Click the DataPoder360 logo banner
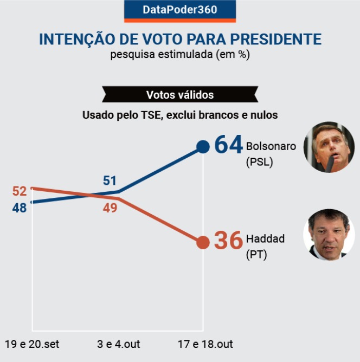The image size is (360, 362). point(180,10)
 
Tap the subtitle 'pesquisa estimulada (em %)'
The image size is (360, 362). point(180,55)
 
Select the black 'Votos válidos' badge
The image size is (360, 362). point(180,95)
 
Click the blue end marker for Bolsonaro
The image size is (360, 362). point(202,147)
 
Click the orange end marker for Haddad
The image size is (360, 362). point(202,242)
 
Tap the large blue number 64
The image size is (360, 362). point(228,146)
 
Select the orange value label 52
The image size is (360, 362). point(20,191)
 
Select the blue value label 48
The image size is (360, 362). point(20,208)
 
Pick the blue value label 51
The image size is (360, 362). point(110,181)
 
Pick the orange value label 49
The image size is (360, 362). point(110,208)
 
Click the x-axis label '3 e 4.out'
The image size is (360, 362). point(118,344)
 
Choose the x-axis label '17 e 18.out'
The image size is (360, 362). point(204,344)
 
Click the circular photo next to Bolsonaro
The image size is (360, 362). point(329,147)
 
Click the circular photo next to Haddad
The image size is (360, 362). point(329,234)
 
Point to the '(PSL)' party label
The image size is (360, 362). point(260,161)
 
